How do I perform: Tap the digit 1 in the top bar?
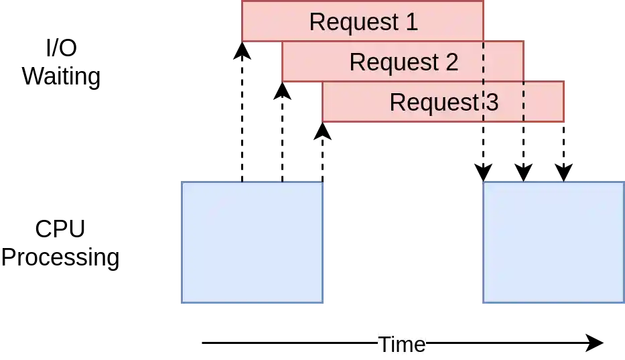(411, 22)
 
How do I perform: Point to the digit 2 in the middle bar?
(452, 62)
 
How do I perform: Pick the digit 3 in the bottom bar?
(492, 103)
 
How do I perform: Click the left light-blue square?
(252, 242)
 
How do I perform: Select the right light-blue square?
(554, 242)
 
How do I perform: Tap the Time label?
(402, 345)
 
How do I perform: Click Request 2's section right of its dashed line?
(504, 62)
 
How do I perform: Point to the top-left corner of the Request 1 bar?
(242, 2)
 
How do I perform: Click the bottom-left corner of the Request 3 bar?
(323, 121)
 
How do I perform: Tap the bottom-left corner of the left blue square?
(181, 303)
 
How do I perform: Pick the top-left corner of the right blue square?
(484, 181)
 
